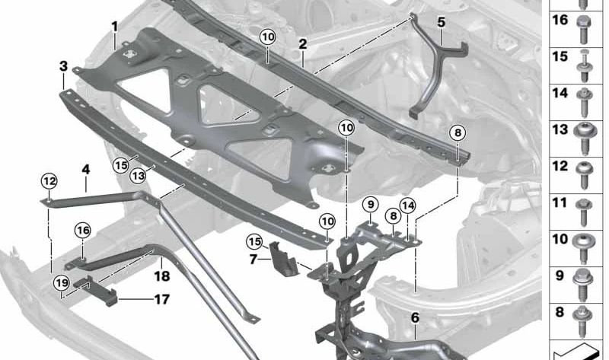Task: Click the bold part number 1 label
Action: click(x=114, y=27)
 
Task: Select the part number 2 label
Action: click(x=302, y=44)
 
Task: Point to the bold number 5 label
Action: click(x=442, y=21)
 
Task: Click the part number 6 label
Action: click(x=415, y=317)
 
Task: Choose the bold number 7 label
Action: click(x=253, y=259)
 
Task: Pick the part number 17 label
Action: click(x=161, y=299)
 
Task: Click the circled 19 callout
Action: click(x=62, y=284)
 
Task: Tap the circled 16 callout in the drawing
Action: click(x=83, y=230)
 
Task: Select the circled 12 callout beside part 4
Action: click(x=49, y=180)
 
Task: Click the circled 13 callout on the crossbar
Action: click(x=138, y=176)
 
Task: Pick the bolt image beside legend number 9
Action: click(x=586, y=277)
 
